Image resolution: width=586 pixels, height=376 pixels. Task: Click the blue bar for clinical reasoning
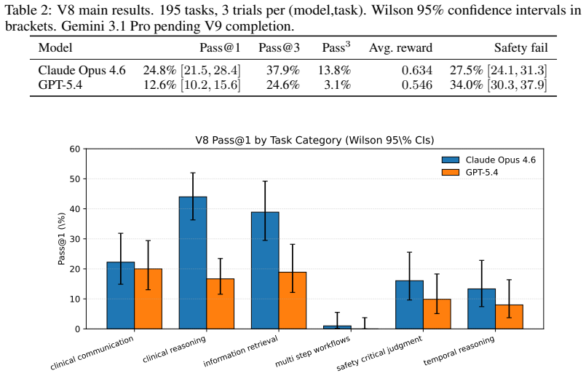coord(193,262)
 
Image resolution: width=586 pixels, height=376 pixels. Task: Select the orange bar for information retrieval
coord(292,300)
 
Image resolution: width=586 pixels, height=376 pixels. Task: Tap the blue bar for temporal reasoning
coord(482,309)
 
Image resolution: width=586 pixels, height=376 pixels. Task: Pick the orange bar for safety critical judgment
coord(437,314)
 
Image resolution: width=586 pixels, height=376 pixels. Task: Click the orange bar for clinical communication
coord(148,299)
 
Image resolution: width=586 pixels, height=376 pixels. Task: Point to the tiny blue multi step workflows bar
coord(338,327)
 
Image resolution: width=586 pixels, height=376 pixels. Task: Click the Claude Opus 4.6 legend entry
coord(488,160)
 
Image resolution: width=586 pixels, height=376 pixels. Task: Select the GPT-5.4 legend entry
coord(470,172)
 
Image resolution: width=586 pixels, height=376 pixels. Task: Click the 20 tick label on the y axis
coord(75,269)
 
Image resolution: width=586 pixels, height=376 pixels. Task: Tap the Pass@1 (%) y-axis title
coord(62,239)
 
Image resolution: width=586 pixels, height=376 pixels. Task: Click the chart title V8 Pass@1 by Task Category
coord(314,141)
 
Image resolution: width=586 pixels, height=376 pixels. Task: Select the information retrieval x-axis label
coord(241,351)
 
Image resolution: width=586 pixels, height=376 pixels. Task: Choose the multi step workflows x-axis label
coord(313,351)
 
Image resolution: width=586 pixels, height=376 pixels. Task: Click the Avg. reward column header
coord(400,48)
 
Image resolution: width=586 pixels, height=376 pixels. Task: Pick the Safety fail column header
coord(521,48)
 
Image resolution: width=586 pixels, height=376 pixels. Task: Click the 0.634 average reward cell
coord(417,71)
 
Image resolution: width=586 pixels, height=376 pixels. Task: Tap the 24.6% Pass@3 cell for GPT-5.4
coord(283,85)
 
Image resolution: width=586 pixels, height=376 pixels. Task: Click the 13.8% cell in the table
coord(334,71)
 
